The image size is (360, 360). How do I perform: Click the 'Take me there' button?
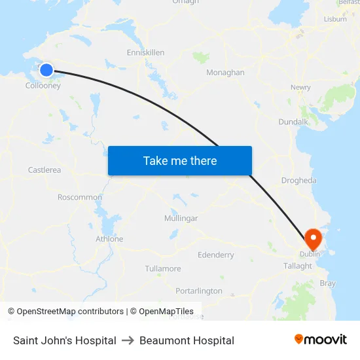click(x=180, y=160)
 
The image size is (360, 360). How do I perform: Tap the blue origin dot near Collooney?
click(x=46, y=70)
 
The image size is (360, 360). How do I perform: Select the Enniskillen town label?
click(x=145, y=52)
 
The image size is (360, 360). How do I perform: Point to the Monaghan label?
click(x=225, y=73)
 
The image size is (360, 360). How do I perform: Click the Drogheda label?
click(x=298, y=181)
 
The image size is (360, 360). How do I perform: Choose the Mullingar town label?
click(x=181, y=218)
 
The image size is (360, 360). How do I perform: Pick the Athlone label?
click(x=109, y=239)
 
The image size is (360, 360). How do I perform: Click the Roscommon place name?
click(x=80, y=197)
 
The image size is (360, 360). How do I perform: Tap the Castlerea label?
click(x=45, y=170)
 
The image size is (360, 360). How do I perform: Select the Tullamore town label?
click(x=163, y=269)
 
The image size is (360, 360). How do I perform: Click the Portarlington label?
click(x=199, y=291)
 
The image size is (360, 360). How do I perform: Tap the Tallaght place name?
click(x=298, y=266)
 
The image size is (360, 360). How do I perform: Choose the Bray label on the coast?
click(x=327, y=283)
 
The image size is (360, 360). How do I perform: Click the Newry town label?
click(x=300, y=87)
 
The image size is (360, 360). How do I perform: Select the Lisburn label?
click(x=335, y=19)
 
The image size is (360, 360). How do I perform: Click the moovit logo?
click(x=321, y=340)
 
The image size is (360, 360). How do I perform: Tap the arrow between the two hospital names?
click(x=128, y=340)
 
